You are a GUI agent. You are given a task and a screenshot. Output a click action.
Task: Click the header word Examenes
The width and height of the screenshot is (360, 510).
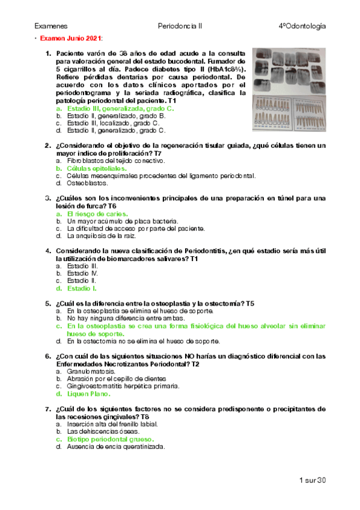click(50, 27)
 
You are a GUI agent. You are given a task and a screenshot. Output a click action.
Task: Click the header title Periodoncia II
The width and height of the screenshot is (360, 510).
click(178, 27)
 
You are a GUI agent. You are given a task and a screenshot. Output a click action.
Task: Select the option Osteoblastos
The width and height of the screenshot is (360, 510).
click(88, 183)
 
